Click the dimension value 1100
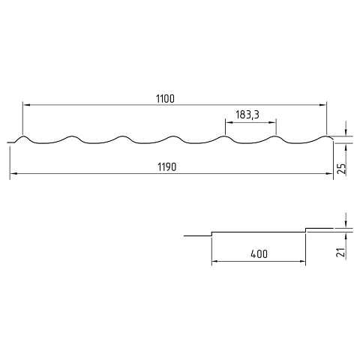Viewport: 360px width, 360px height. click(165, 99)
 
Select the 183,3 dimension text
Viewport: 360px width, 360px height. click(247, 115)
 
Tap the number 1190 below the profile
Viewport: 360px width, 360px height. click(167, 167)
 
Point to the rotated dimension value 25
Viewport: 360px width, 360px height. click(341, 169)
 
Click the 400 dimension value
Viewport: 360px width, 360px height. click(259, 254)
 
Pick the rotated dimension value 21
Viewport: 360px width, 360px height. click(341, 253)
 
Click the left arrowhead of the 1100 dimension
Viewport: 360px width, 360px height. click(26, 105)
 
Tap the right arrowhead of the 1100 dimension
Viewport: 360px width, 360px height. click(322, 105)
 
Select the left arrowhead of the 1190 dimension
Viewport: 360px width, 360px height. click(13, 173)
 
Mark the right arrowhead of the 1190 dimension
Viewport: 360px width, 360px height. click(329, 173)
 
